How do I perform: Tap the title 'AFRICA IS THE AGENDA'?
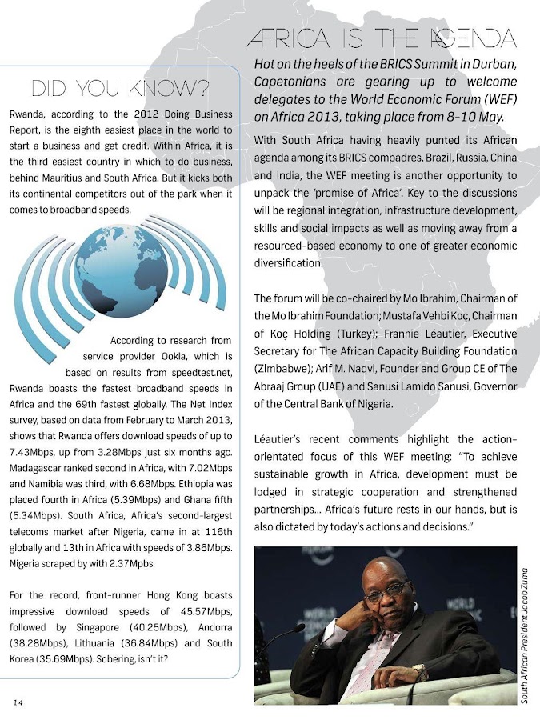click(x=381, y=38)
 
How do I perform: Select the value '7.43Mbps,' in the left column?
click(x=29, y=451)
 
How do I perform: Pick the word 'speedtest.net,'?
click(x=200, y=372)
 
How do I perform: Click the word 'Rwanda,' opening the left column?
click(x=30, y=114)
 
